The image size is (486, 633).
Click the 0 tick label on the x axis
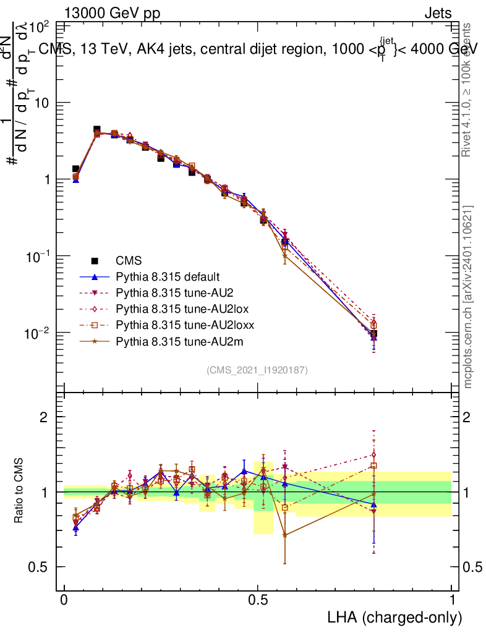tap(64, 600)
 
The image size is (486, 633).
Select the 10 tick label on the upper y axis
tap(42, 103)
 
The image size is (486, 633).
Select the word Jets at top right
tap(437, 12)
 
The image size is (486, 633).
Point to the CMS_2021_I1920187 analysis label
tap(257, 370)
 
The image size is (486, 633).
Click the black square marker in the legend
tap(95, 261)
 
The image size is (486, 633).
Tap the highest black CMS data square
tap(96, 130)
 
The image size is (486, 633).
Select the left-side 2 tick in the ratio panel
tap(44, 417)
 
